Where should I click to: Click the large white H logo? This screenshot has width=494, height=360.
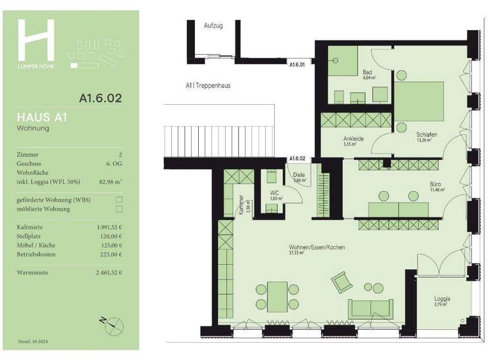coord(36,40)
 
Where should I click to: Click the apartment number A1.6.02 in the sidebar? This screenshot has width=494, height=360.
coord(100,99)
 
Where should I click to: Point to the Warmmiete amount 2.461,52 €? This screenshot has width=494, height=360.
coord(106,273)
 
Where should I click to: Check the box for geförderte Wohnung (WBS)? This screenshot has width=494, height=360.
coord(119,200)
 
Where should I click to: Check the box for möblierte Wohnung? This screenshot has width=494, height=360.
coord(119,209)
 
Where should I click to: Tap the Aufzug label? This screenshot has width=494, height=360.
coord(213,26)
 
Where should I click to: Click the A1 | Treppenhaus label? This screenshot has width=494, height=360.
coord(208,85)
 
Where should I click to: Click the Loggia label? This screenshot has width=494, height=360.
coord(441,299)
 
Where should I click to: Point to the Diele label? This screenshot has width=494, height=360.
coord(298,175)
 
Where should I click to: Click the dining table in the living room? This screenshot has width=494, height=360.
coord(277,296)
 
